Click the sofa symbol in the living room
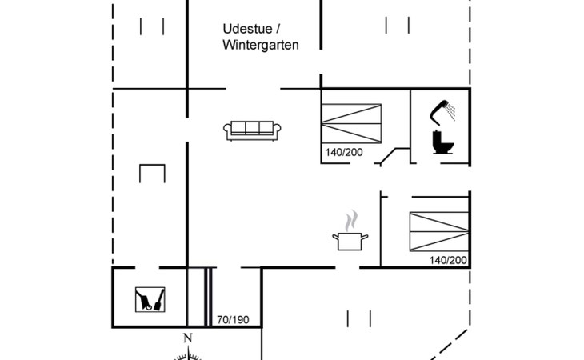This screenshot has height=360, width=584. point(252,130)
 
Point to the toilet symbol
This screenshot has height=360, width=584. point(443,142)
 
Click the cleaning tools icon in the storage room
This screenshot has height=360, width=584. point(150,299)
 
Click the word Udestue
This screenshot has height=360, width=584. point(247,29)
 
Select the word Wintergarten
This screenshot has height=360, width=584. point(261,45)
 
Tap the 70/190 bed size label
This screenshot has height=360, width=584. point(233,320)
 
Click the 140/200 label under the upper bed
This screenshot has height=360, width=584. point(344,152)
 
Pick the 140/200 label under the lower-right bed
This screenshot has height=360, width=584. point(448,260)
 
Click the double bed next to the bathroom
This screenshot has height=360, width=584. point(351,123)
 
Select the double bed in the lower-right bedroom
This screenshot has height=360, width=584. point(439,231)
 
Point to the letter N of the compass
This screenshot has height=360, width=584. point(188,338)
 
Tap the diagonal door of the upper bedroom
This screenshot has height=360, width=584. point(389,156)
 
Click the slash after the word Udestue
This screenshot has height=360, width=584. point(278,29)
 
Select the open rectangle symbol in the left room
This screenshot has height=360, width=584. point(152,165)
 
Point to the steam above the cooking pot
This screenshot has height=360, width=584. point(351,221)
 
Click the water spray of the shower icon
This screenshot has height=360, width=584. point(451,112)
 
